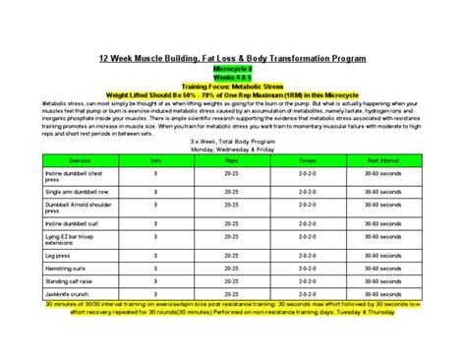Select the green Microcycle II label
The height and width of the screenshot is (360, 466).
point(233,70)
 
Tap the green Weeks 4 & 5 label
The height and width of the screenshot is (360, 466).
point(233,79)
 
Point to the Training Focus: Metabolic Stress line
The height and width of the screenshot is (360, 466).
point(233,88)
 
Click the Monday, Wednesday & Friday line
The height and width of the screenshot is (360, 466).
point(233,146)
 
